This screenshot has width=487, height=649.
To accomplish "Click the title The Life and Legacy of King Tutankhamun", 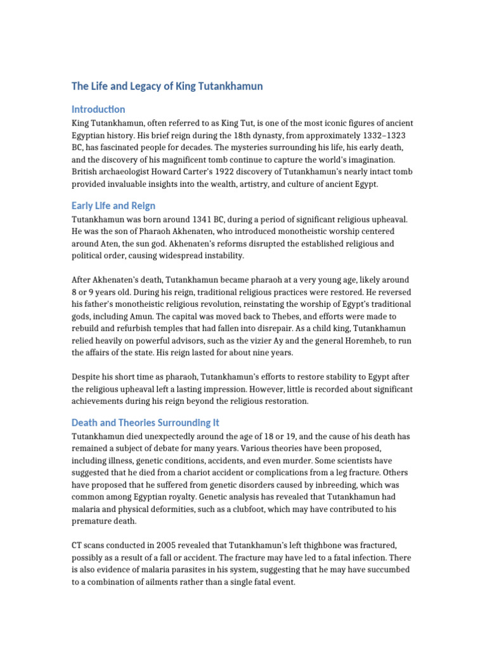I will tap(167, 86).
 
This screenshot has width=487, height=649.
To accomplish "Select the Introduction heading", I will tap(98, 109).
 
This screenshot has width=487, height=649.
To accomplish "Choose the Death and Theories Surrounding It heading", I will tap(145, 422).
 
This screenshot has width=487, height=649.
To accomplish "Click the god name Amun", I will tap(136, 316).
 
